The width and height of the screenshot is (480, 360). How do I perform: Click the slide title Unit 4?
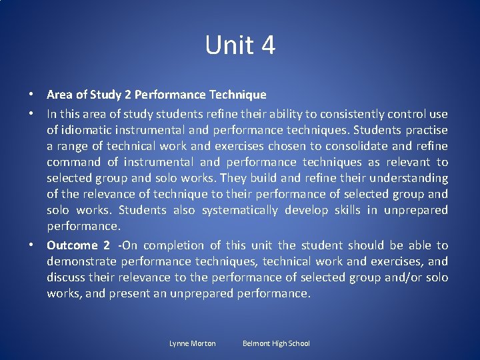[x=240, y=45]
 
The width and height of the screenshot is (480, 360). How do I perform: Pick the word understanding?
[x=408, y=178]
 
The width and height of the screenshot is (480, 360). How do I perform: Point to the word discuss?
[x=65, y=277]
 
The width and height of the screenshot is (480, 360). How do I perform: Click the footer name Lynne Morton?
[x=193, y=343]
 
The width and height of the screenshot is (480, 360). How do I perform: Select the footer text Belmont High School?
[x=276, y=343]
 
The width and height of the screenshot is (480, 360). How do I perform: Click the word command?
[x=73, y=162]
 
